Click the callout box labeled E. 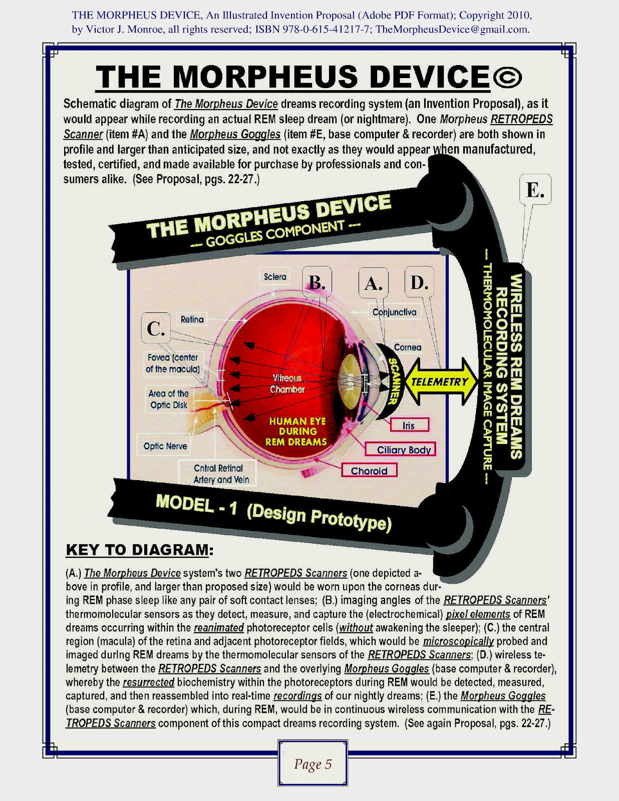coord(535,189)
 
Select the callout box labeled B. coord(317,282)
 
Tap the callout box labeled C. coord(156,328)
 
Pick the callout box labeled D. coord(419,282)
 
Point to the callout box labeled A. coord(374,283)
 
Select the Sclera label coord(275,277)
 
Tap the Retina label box coord(192,319)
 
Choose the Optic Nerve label coord(165,446)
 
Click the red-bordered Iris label coord(409,425)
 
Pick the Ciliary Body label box coord(400,450)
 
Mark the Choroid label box coord(369,471)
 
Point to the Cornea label coord(407,347)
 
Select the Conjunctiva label coord(394,312)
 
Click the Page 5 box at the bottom coord(313,763)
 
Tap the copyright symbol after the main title coord(507,77)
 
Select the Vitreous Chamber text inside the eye coord(287,383)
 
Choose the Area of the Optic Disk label coord(169,399)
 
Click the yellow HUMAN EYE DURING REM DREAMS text coord(296,432)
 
